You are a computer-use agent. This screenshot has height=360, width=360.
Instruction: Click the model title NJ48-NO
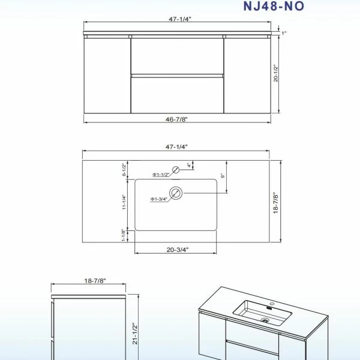(x=274, y=6)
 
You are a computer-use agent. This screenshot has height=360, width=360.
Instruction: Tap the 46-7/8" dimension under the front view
(x=176, y=119)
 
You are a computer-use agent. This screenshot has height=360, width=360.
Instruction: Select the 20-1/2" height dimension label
(x=276, y=73)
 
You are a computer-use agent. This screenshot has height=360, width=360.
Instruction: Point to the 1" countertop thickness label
(x=284, y=33)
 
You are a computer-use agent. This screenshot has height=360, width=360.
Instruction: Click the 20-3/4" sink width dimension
(x=178, y=250)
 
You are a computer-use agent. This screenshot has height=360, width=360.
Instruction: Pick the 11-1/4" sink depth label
(x=124, y=202)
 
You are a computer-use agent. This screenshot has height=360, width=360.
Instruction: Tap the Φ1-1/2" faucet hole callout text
(x=161, y=175)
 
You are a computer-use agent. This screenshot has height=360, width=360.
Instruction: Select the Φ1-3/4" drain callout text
(x=159, y=199)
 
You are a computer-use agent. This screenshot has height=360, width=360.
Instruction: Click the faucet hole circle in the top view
(x=176, y=170)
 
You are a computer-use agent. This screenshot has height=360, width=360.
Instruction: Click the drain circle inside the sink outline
(x=176, y=193)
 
